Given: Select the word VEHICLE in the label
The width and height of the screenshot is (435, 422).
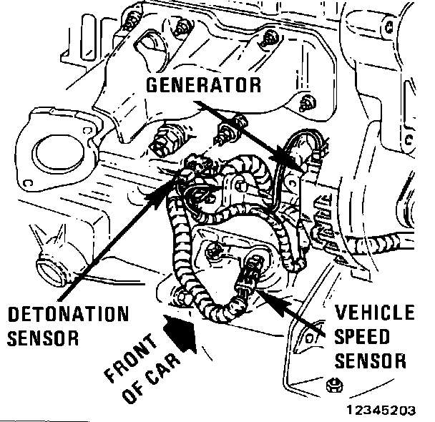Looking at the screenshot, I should (x=374, y=313).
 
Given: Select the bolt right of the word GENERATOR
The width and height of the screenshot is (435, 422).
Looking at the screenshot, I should (x=306, y=100).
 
